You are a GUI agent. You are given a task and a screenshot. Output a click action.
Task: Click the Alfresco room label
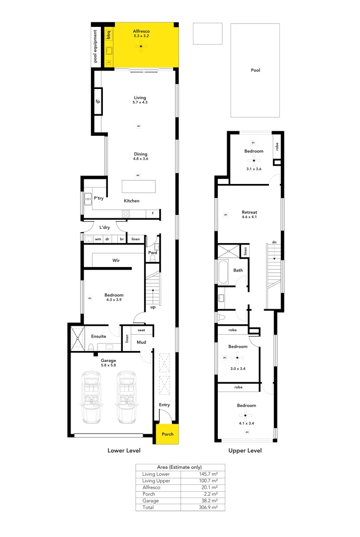(x=141, y=31)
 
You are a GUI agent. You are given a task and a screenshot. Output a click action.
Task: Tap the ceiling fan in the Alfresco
(x=141, y=47)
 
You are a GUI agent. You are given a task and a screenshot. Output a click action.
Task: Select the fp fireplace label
(x=98, y=101)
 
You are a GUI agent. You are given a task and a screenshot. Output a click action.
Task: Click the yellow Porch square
(x=168, y=434)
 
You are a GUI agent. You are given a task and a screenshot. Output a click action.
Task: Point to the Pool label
(x=255, y=71)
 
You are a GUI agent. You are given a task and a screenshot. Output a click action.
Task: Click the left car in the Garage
(x=91, y=397)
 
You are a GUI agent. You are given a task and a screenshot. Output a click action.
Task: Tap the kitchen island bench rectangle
(x=139, y=186)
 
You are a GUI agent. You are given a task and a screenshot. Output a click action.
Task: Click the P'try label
(x=98, y=199)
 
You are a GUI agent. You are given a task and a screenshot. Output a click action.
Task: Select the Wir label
(x=116, y=260)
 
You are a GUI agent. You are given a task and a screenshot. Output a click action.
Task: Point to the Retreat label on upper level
(x=249, y=212)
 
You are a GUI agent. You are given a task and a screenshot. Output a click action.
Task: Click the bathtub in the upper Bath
(x=222, y=271)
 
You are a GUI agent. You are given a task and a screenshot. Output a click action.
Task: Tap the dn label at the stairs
(x=273, y=242)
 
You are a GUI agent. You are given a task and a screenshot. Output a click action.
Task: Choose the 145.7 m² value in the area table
(x=208, y=474)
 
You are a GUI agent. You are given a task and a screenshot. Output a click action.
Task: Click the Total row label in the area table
(x=148, y=507)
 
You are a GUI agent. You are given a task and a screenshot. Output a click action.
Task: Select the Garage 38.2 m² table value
(x=209, y=501)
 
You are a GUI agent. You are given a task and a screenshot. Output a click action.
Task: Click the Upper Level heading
(x=245, y=451)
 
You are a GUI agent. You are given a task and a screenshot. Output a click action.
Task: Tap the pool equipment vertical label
(x=96, y=47)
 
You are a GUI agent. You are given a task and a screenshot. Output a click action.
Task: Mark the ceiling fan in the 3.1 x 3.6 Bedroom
(x=254, y=161)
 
